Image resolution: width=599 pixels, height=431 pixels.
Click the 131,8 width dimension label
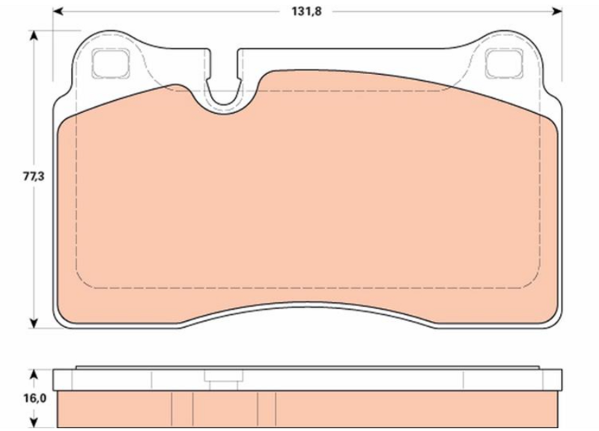[x=307, y=11]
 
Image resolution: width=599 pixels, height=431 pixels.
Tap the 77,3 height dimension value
[x=34, y=177]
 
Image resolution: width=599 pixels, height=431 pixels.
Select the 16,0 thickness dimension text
[x=34, y=399]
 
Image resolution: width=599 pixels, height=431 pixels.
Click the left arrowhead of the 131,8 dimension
[x=58, y=11]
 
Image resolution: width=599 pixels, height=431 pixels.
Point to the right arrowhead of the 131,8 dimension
[x=557, y=11]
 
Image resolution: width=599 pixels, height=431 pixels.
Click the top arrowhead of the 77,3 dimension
[x=34, y=35]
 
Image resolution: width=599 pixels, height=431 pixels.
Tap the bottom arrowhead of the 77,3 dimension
[x=34, y=323]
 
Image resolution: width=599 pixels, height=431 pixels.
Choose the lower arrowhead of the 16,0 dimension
[x=34, y=423]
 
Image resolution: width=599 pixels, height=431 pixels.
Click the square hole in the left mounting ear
[x=110, y=63]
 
